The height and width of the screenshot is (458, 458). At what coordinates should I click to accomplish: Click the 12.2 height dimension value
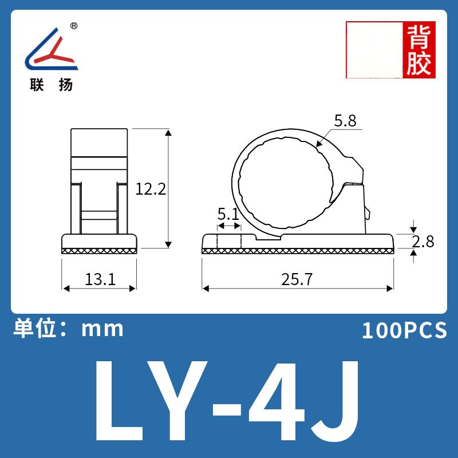coord(151,189)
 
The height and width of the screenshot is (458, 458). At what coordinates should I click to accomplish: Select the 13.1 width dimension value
coord(100,279)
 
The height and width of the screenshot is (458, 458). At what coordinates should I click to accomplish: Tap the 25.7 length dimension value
coord(297,279)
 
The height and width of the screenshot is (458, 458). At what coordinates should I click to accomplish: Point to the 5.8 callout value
coord(345,121)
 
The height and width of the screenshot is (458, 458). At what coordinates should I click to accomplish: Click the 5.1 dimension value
coord(228,214)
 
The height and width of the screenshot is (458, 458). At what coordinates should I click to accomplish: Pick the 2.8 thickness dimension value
coord(423,242)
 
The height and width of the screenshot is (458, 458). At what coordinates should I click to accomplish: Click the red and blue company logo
coord(52,49)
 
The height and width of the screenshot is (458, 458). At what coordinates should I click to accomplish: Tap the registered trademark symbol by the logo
coord(74,26)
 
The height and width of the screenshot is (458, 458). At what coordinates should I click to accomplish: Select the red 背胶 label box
coord(419,50)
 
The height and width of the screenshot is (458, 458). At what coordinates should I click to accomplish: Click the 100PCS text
coord(404,330)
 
